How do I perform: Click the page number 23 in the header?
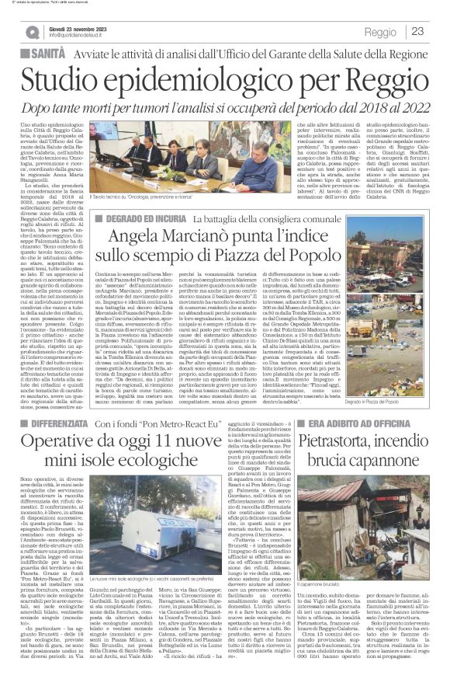point(417,32)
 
